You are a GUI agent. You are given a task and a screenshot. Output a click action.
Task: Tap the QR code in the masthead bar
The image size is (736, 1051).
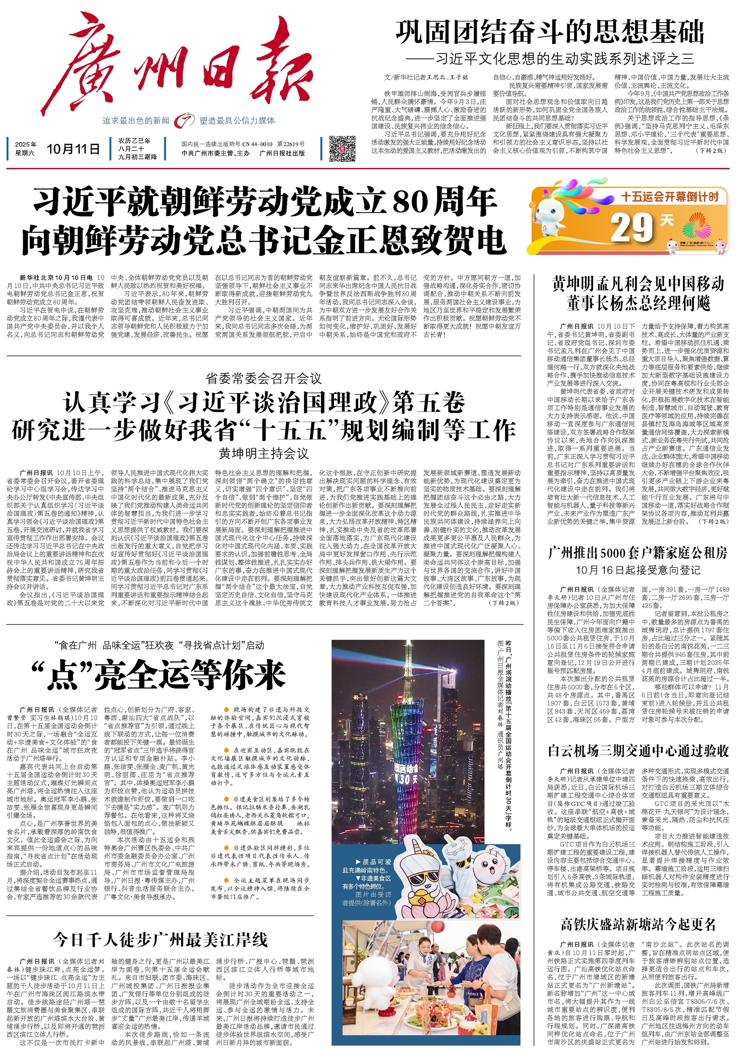click(342, 148)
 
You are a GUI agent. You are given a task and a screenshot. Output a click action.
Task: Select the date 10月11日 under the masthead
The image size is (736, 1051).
click(73, 149)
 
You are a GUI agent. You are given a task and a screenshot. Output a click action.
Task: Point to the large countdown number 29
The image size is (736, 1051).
click(632, 227)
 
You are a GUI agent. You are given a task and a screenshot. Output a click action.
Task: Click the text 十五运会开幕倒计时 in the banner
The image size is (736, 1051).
click(669, 197)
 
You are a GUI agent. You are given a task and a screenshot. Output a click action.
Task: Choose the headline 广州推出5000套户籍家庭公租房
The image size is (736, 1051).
click(637, 553)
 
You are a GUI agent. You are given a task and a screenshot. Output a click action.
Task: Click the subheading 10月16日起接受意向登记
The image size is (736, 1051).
click(637, 570)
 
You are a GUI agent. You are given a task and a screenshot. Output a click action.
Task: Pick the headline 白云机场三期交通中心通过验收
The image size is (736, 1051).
click(637, 751)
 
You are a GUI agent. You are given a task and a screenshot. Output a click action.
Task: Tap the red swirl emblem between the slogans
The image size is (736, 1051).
click(184, 120)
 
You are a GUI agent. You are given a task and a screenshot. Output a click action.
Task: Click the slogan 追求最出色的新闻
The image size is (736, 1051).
click(135, 121)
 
